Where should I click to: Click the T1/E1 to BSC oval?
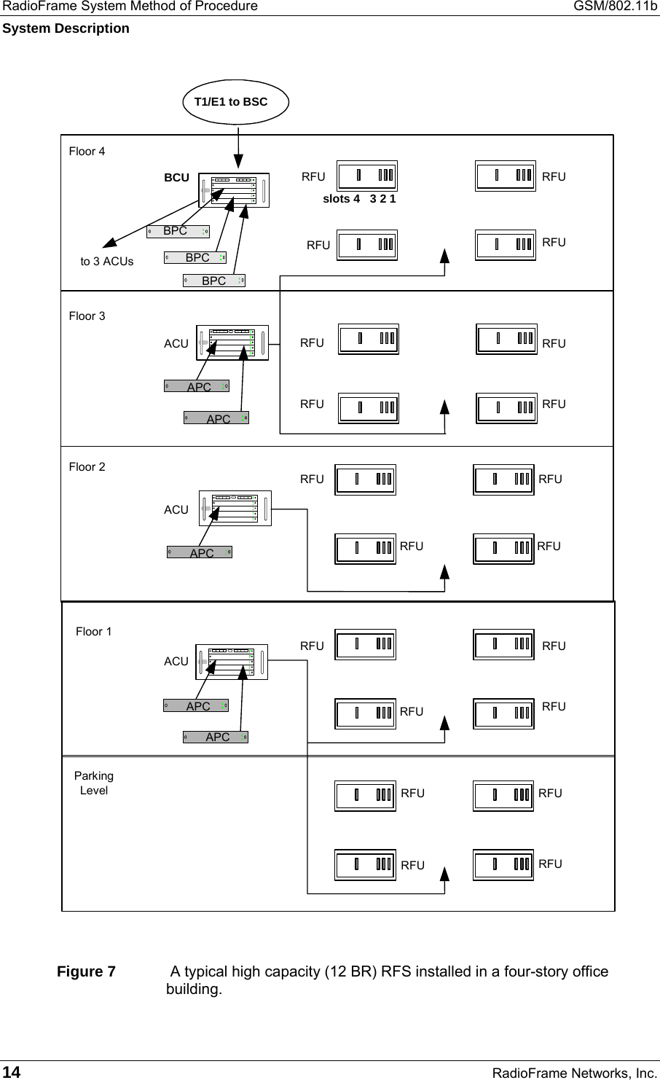click(235, 102)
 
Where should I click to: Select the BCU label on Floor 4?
click(176, 178)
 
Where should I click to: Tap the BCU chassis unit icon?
click(234, 190)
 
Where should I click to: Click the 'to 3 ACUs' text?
click(107, 262)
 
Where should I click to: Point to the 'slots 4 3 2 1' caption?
click(359, 199)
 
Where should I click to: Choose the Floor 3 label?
click(87, 316)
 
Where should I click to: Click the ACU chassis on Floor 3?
click(232, 343)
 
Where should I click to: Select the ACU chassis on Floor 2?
click(235, 508)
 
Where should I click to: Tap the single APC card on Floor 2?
click(200, 552)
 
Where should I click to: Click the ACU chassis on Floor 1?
click(232, 662)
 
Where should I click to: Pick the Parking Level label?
click(94, 783)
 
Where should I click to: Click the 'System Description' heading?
click(66, 28)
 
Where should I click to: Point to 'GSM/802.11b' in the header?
click(618, 7)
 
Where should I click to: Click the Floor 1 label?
click(94, 632)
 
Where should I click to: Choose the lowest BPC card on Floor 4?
click(213, 281)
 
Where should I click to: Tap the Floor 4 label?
click(87, 152)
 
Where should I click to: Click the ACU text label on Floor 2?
click(176, 510)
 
